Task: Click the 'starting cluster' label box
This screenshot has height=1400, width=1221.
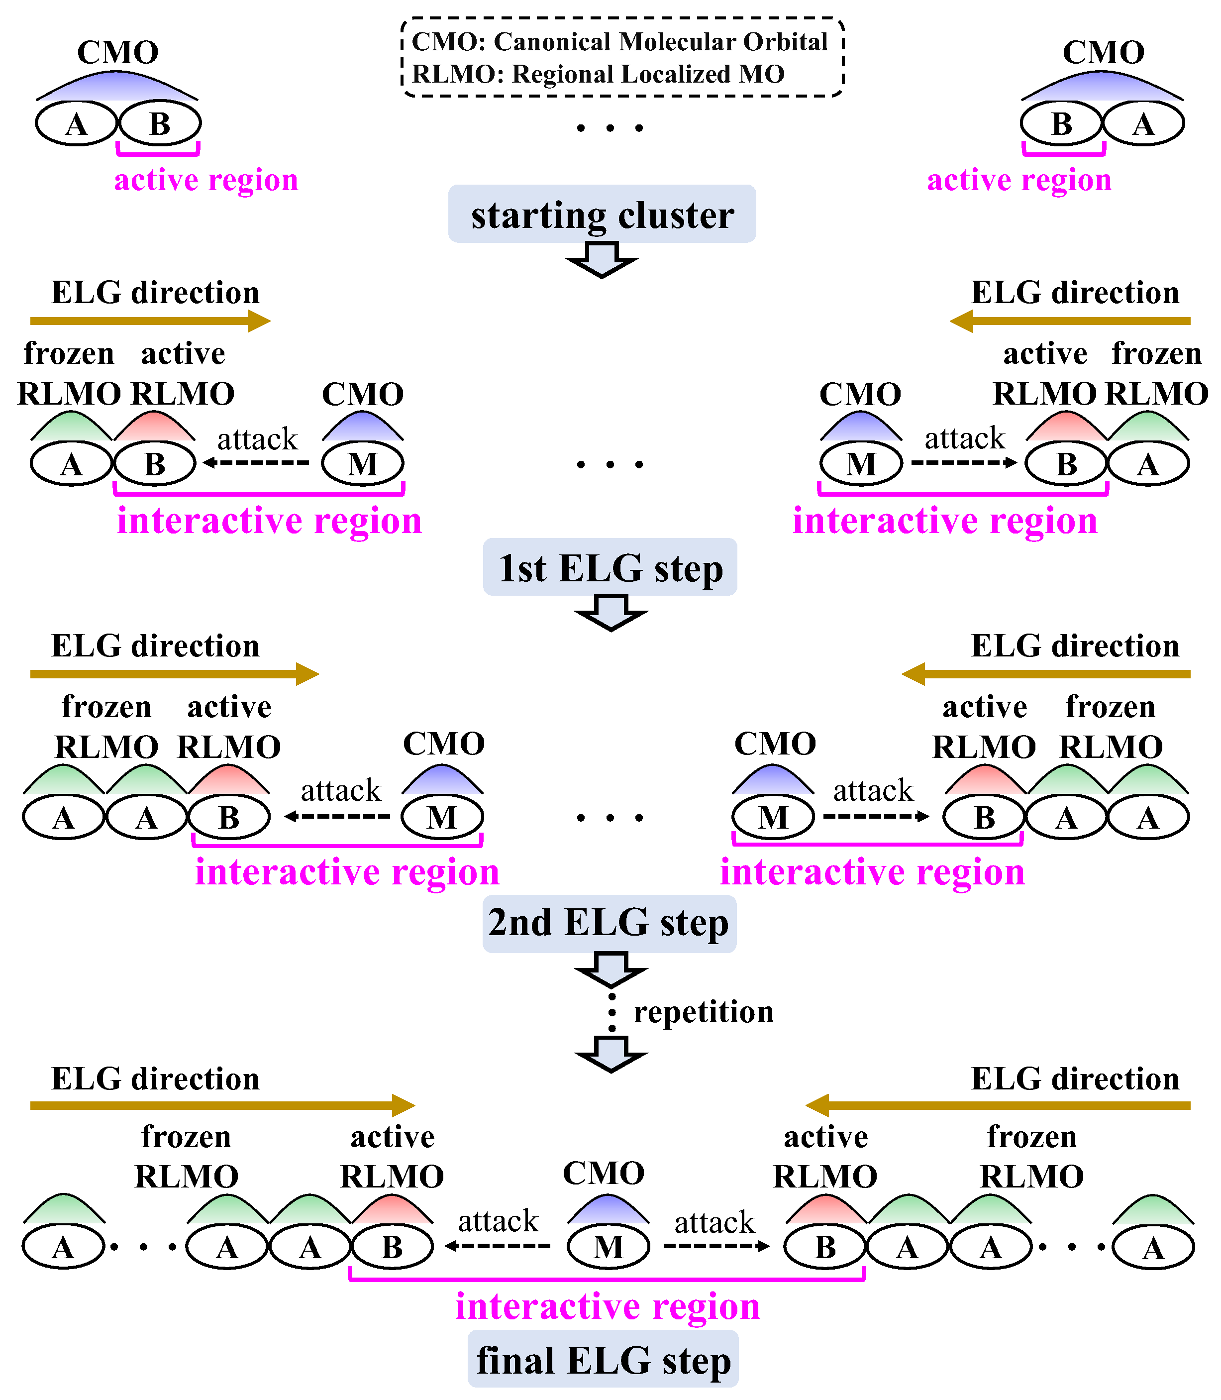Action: (x=602, y=215)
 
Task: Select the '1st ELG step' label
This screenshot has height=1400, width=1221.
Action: (x=610, y=568)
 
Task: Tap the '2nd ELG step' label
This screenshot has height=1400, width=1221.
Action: (x=609, y=923)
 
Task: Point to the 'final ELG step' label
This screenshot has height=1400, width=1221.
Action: (x=603, y=1361)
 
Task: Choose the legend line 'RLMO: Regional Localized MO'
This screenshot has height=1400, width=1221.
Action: (x=598, y=74)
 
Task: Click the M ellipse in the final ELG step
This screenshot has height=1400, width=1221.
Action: (x=609, y=1247)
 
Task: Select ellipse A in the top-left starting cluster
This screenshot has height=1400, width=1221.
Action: (x=76, y=124)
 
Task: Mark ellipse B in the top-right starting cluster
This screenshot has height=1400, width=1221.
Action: (x=1061, y=124)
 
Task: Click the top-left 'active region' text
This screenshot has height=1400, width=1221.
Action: (x=206, y=180)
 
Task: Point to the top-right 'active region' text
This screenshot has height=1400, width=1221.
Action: (x=1018, y=180)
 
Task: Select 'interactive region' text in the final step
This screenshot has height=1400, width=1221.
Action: (x=607, y=1306)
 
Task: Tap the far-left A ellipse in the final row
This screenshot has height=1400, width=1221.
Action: (x=63, y=1247)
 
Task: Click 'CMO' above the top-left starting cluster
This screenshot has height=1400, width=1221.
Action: (x=118, y=52)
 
